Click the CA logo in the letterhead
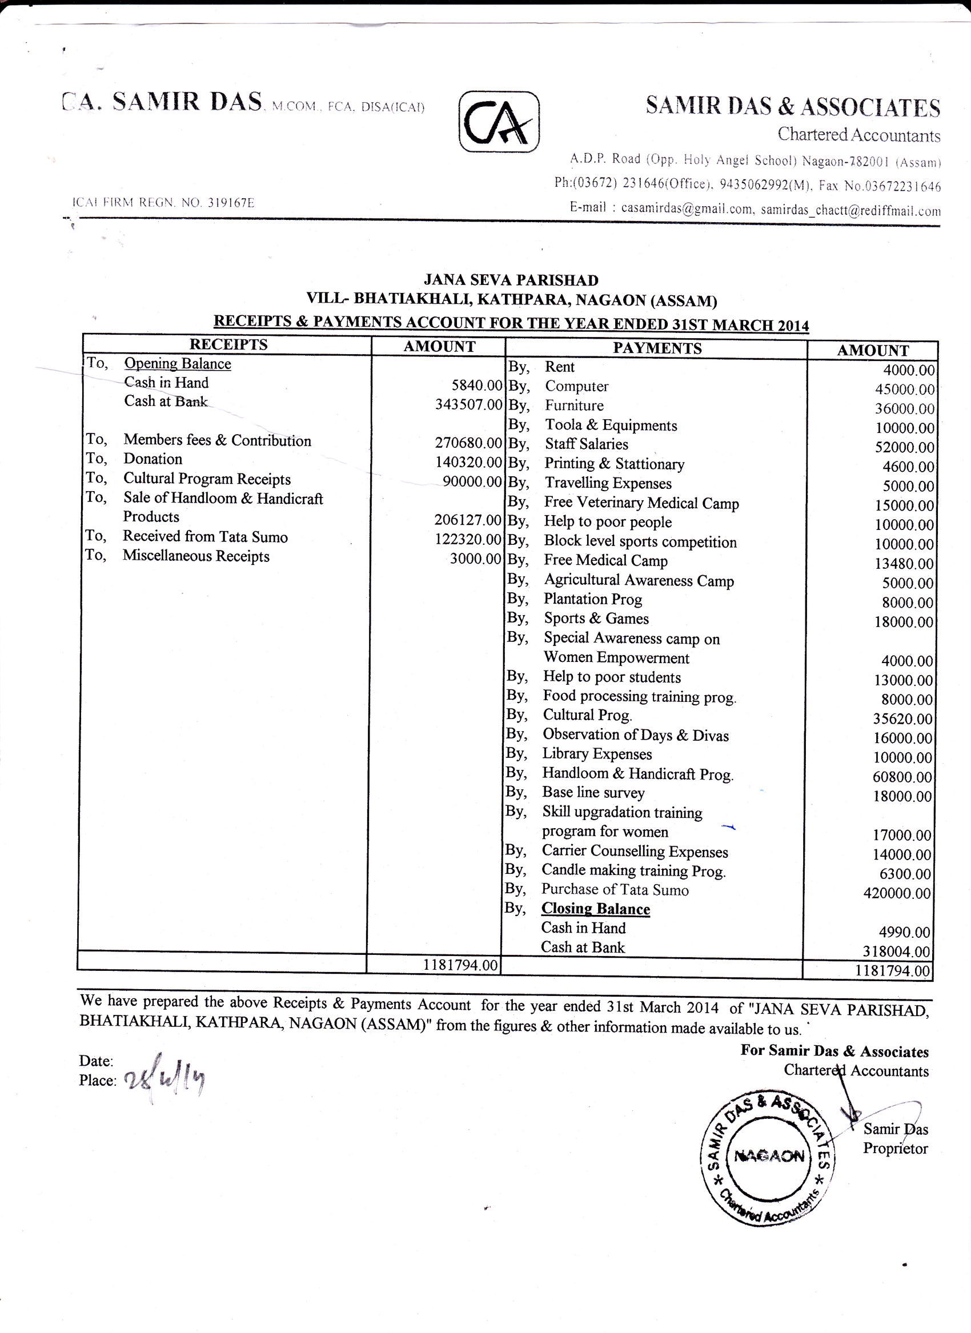pyautogui.click(x=499, y=122)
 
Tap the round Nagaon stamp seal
pyautogui.click(x=768, y=1156)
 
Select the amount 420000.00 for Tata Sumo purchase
pyautogui.click(x=897, y=893)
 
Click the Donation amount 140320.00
pyautogui.click(x=468, y=462)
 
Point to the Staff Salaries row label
pyautogui.click(x=586, y=444)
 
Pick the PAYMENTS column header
pyautogui.click(x=657, y=348)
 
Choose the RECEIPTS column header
pyautogui.click(x=228, y=344)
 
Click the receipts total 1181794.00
pyautogui.click(x=460, y=965)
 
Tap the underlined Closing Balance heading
pyautogui.click(x=595, y=909)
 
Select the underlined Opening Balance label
pyautogui.click(x=178, y=364)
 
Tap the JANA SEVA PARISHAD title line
pyautogui.click(x=511, y=280)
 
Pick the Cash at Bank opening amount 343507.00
pyautogui.click(x=468, y=404)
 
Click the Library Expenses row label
pyautogui.click(x=596, y=753)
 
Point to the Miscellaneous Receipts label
pyautogui.click(x=196, y=556)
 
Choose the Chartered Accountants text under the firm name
pyautogui.click(x=858, y=135)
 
